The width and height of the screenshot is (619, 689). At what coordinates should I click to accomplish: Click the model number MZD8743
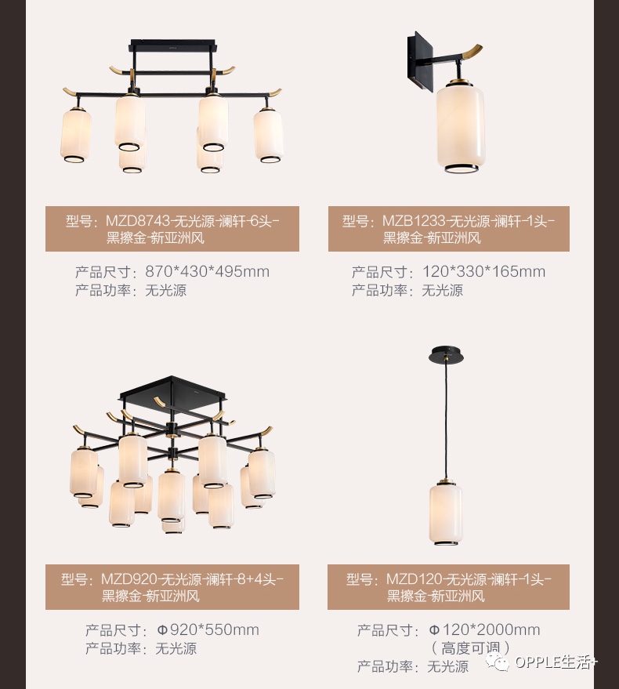tap(136, 221)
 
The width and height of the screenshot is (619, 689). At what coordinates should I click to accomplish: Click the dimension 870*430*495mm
tap(207, 272)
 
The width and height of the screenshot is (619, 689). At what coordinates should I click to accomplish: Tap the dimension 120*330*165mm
tap(483, 272)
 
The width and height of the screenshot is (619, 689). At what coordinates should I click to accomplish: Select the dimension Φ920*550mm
tap(208, 630)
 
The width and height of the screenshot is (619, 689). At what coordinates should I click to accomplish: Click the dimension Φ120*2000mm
tap(484, 630)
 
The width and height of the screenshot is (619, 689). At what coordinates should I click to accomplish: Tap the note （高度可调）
tap(470, 647)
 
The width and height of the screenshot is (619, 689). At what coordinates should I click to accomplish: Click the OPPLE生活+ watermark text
tap(555, 664)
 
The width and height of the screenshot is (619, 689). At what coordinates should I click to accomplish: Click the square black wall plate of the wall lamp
tap(418, 56)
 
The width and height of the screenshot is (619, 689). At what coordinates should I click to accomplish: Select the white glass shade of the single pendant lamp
tap(445, 514)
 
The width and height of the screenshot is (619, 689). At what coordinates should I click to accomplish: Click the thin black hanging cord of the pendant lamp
tap(446, 423)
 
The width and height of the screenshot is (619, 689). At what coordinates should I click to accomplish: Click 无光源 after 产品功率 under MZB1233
tap(443, 290)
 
